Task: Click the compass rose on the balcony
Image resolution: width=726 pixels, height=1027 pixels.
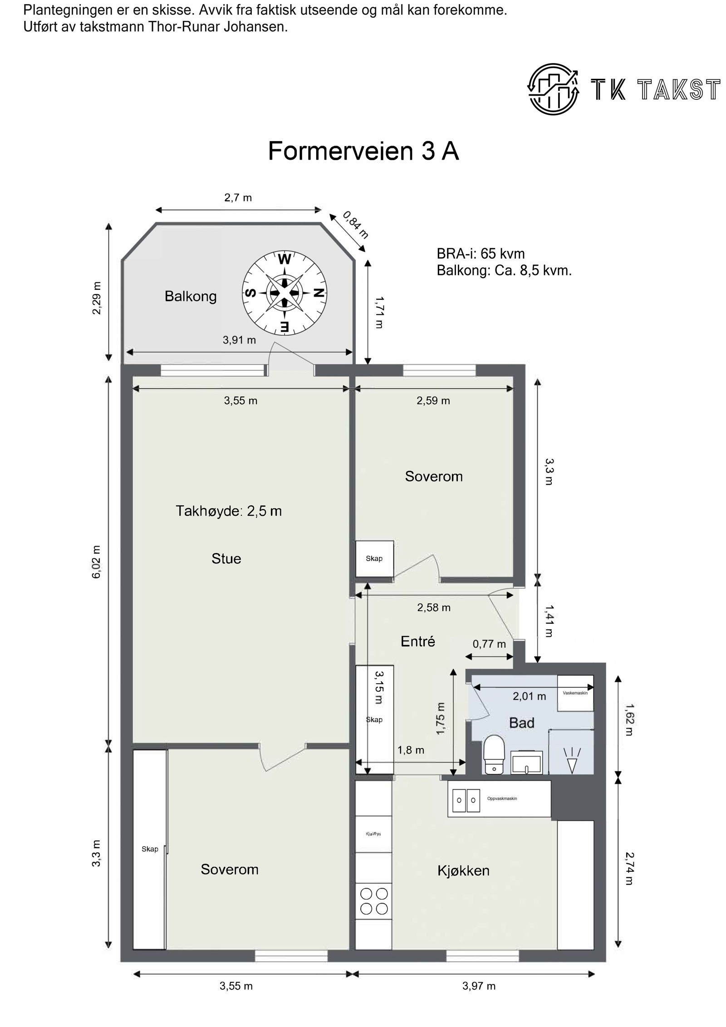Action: click(284, 293)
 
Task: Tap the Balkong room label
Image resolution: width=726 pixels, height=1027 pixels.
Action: click(190, 297)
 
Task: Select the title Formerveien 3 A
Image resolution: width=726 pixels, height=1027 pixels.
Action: click(363, 151)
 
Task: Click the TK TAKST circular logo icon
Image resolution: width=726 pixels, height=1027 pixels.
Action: click(553, 89)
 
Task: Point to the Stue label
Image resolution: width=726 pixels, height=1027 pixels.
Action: click(226, 558)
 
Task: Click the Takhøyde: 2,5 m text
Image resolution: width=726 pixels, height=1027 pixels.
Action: click(229, 511)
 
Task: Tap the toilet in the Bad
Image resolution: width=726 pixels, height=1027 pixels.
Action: click(493, 755)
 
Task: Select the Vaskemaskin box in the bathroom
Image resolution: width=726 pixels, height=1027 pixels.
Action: click(575, 693)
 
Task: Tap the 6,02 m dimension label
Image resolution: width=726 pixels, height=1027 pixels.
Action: click(97, 562)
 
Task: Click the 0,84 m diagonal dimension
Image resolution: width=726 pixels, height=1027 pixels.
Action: click(355, 225)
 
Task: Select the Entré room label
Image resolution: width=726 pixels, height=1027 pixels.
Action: click(418, 641)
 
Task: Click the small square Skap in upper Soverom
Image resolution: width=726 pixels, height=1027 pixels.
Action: click(374, 558)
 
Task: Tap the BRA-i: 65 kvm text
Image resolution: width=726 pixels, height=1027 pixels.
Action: click(481, 253)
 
